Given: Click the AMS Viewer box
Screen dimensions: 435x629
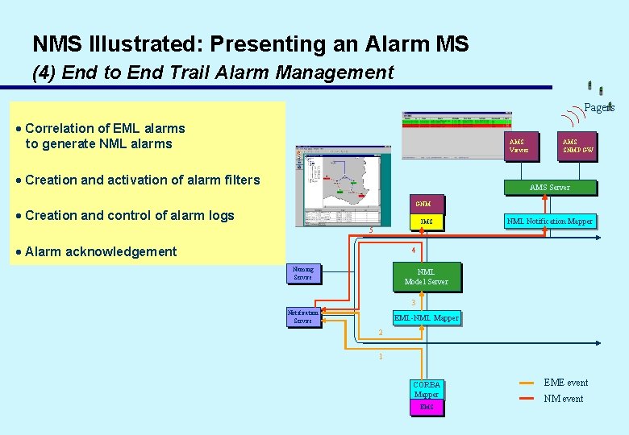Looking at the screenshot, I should pos(519,146).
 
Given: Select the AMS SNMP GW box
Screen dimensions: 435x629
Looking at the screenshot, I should pos(577,146).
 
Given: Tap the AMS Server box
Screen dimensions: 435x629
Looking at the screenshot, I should pos(549,187).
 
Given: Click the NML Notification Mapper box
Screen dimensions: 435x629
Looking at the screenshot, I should pos(549,221).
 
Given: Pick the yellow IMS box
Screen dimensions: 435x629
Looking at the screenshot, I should pos(427,222).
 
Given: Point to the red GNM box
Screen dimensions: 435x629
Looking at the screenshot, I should pos(423,204).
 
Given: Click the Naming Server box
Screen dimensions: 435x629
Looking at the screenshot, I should pos(303,273).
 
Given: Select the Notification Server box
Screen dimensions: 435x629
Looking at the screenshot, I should pos(303,317).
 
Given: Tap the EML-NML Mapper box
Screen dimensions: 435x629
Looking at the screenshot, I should pos(426,318).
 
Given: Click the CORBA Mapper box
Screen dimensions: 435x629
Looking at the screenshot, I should pos(426,389).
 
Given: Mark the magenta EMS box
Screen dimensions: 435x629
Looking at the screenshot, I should pos(426,408).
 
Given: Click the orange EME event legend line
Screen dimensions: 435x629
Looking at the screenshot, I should pos(527,383).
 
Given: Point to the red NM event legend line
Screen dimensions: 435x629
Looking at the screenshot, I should pos(527,399).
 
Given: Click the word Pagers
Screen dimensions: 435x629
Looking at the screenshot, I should pos(599,108).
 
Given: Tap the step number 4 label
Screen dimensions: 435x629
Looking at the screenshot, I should pos(413,250).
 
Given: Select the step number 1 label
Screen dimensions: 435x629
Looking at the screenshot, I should pos(381,356).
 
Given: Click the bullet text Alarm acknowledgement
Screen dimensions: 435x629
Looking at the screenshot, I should pos(101,251).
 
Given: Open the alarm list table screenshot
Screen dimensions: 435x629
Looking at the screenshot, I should pos(456,121).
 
